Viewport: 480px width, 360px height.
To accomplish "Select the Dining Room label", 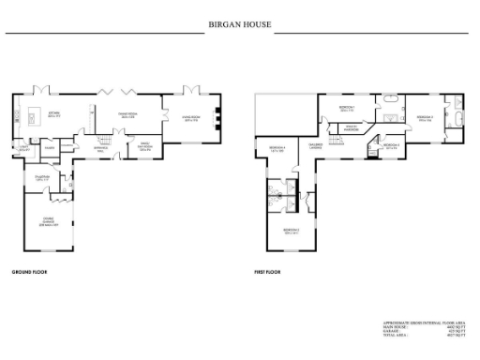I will pos(128,115).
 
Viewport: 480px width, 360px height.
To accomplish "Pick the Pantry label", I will pos(49,147).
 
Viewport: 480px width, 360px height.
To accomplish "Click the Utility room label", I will pos(21,148).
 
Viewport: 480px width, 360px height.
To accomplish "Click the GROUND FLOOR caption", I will pos(29,273).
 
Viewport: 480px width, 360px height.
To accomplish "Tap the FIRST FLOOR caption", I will pos(268,273).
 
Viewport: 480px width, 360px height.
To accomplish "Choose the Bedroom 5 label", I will pos(291,230).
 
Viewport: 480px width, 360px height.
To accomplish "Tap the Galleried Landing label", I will pos(316,145).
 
